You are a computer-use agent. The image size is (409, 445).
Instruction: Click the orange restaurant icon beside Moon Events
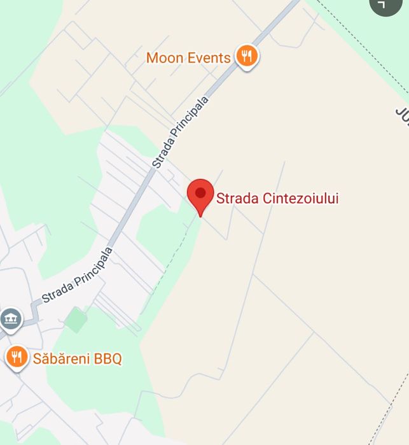[247, 56]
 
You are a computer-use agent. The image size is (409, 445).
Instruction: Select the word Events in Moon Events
[209, 59]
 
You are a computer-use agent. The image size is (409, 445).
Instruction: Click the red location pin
[200, 195]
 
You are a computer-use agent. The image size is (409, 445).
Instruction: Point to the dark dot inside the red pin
[200, 192]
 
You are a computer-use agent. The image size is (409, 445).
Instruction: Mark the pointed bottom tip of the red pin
[200, 216]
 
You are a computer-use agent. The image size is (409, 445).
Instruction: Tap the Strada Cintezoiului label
[277, 199]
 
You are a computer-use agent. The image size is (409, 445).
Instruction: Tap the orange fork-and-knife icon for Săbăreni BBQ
[16, 357]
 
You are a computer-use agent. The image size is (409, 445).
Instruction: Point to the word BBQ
[108, 359]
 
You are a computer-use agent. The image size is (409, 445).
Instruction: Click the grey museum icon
[11, 319]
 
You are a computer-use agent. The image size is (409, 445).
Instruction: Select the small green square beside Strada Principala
[76, 319]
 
